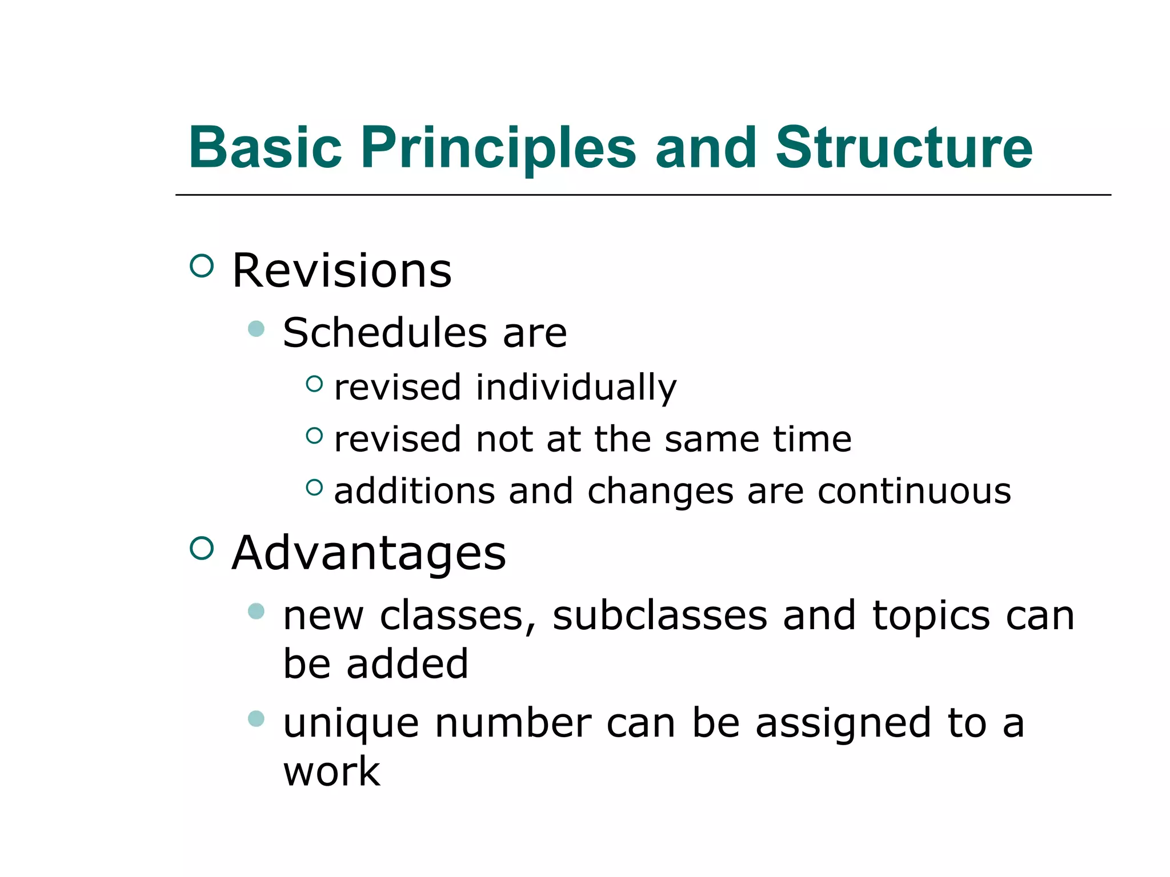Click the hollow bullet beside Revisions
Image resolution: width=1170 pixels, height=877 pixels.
coord(202,266)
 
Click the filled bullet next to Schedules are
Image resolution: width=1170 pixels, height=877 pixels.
coord(257,329)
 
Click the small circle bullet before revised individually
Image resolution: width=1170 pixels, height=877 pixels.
coord(314,384)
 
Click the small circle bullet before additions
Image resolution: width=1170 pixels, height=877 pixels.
coord(314,487)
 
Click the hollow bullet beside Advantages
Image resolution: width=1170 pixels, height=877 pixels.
coord(202,549)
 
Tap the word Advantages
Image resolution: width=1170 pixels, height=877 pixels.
coord(368,553)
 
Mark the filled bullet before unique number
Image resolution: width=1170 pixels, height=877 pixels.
coord(257,718)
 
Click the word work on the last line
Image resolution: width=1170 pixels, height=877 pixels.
coord(331,771)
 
